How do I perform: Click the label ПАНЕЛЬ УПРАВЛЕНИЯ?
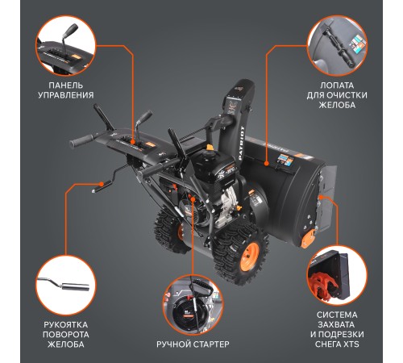66,90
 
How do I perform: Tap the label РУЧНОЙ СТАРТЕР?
193,344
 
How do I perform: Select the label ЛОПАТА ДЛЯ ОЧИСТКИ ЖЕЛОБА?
337,95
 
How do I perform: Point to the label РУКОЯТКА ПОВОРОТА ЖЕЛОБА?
66,334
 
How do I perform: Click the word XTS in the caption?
351,344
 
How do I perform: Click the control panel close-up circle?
66,46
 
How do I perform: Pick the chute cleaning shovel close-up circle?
337,45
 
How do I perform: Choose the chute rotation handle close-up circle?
66,286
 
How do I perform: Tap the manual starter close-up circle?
193,305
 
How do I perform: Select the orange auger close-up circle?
337,275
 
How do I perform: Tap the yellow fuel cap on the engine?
210,148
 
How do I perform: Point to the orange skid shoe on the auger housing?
308,239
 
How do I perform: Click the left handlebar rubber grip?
81,141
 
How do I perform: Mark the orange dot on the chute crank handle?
102,184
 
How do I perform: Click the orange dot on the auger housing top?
266,163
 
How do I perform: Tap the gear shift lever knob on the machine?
145,116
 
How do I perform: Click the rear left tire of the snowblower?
168,232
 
